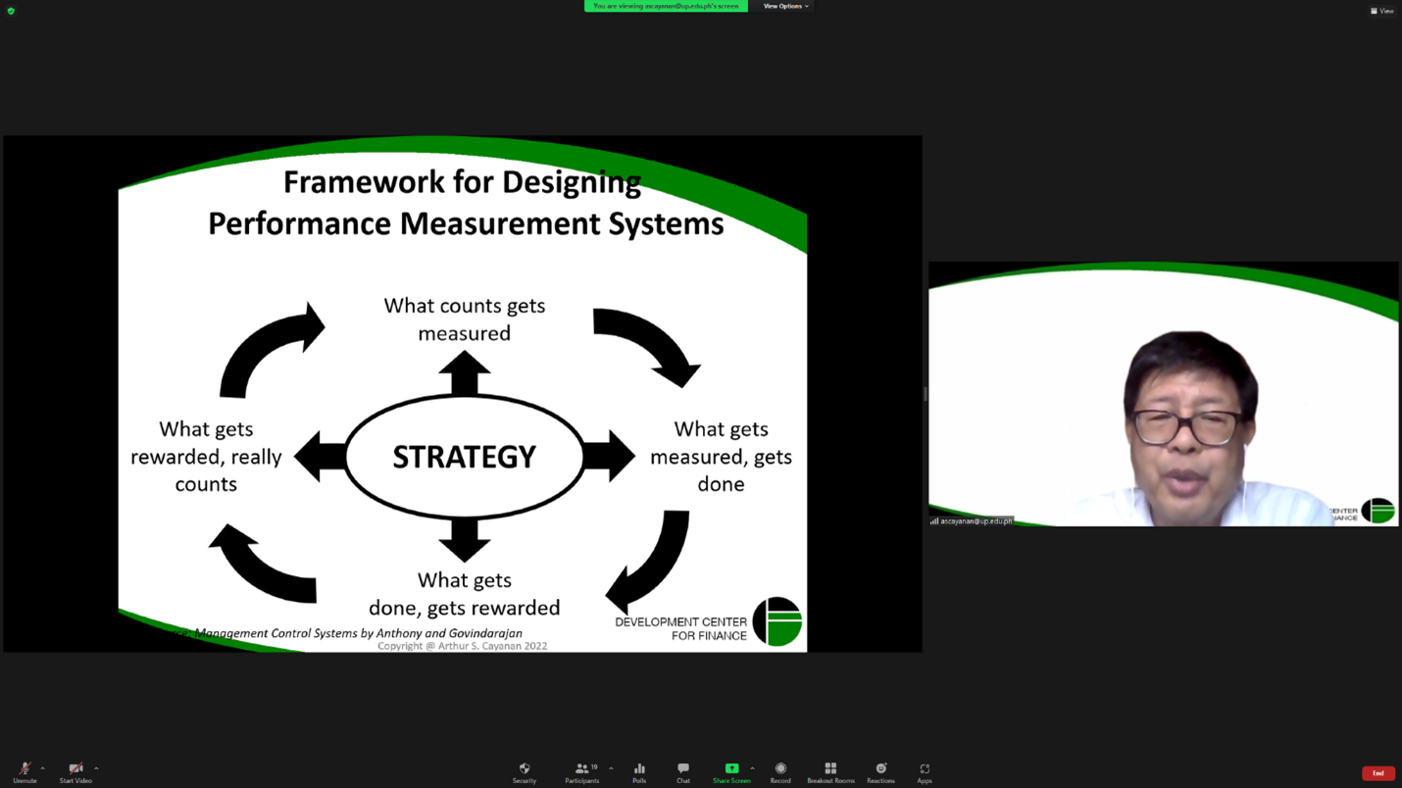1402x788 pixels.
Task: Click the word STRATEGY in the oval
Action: point(464,457)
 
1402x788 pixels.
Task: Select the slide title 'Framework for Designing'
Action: point(462,182)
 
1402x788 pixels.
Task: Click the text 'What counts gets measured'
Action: point(464,320)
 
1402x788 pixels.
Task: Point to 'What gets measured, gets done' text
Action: point(721,457)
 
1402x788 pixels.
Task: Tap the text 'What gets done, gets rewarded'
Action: point(464,594)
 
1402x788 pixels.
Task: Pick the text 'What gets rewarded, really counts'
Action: point(206,457)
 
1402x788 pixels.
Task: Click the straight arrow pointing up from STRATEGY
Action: point(464,373)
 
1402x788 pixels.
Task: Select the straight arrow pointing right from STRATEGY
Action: point(610,457)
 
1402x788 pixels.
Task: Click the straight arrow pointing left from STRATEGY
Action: point(319,457)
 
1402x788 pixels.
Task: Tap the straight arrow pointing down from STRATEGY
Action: point(464,540)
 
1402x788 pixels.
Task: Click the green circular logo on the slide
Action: point(777,621)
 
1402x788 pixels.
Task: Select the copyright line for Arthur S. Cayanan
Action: point(462,646)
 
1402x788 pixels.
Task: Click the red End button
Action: point(1377,773)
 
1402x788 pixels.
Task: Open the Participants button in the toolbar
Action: point(581,773)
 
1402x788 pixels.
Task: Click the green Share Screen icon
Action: point(731,769)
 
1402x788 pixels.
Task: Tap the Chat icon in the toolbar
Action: point(682,773)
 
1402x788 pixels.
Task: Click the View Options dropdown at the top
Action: point(785,6)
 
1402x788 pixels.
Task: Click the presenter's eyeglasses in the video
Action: point(1187,427)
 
